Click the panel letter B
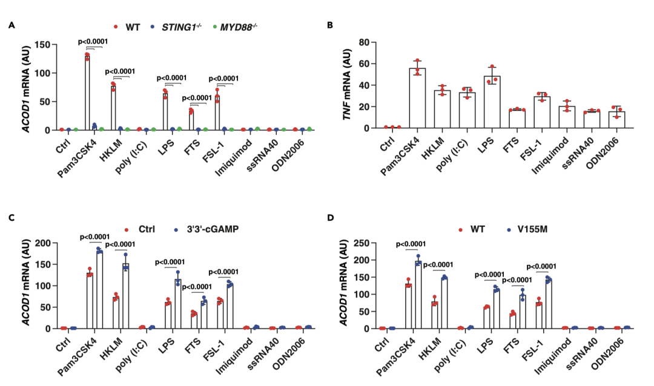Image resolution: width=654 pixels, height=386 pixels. click(x=330, y=25)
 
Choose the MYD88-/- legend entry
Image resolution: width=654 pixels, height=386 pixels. click(x=233, y=27)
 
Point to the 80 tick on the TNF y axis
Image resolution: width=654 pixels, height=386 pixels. click(x=363, y=42)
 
